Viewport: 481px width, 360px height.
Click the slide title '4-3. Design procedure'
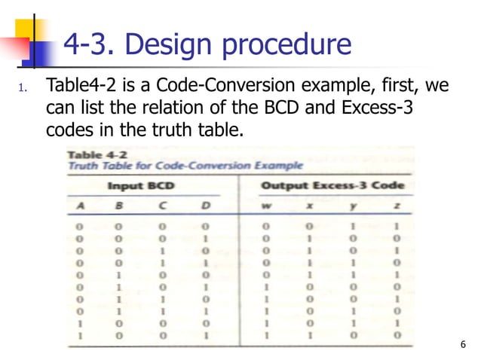207,45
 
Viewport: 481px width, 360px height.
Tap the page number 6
461,346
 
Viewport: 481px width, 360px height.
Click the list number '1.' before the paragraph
23,88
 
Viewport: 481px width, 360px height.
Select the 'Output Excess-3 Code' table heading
333,185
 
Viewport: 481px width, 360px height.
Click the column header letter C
163,205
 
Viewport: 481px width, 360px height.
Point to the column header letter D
204,205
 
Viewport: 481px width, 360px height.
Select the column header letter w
265,205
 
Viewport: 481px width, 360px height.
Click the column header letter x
309,205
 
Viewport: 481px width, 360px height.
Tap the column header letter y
354,205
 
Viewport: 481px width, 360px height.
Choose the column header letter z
397,205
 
